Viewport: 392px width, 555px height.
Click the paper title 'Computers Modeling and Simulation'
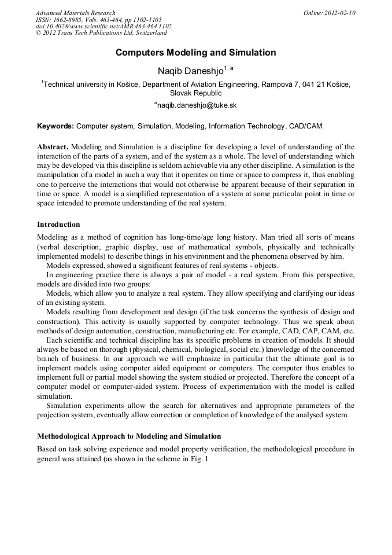click(195, 53)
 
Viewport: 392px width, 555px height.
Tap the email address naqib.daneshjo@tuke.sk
click(197, 105)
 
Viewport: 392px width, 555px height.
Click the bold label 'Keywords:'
click(56, 126)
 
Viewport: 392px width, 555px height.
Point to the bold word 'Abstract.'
click(53, 147)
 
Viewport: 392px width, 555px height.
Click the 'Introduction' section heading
click(58, 224)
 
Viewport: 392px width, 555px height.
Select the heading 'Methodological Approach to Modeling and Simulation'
click(129, 436)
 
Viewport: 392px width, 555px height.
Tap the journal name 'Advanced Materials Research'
click(75, 13)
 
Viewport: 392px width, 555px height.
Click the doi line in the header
click(103, 27)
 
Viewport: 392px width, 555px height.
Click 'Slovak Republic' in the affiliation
click(195, 93)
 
